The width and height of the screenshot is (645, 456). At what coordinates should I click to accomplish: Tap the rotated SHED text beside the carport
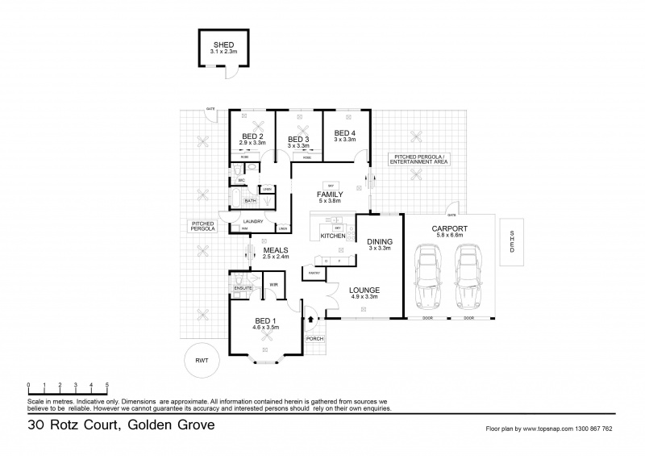(511, 241)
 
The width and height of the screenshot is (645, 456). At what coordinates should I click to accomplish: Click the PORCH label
(314, 338)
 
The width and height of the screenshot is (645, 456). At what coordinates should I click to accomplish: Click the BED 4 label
(344, 133)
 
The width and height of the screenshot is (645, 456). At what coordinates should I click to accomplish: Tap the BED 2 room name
(253, 136)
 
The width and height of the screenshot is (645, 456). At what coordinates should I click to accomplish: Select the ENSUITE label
(243, 287)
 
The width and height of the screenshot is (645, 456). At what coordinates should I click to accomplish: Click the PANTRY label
(314, 274)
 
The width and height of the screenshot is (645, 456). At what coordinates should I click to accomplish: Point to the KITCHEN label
(333, 236)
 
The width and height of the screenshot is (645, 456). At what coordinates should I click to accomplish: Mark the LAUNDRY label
(254, 220)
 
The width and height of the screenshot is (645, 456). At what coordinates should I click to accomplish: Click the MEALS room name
(277, 250)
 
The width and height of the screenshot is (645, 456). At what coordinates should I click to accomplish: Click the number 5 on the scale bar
(106, 385)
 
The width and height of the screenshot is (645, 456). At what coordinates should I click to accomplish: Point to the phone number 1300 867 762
(591, 429)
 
